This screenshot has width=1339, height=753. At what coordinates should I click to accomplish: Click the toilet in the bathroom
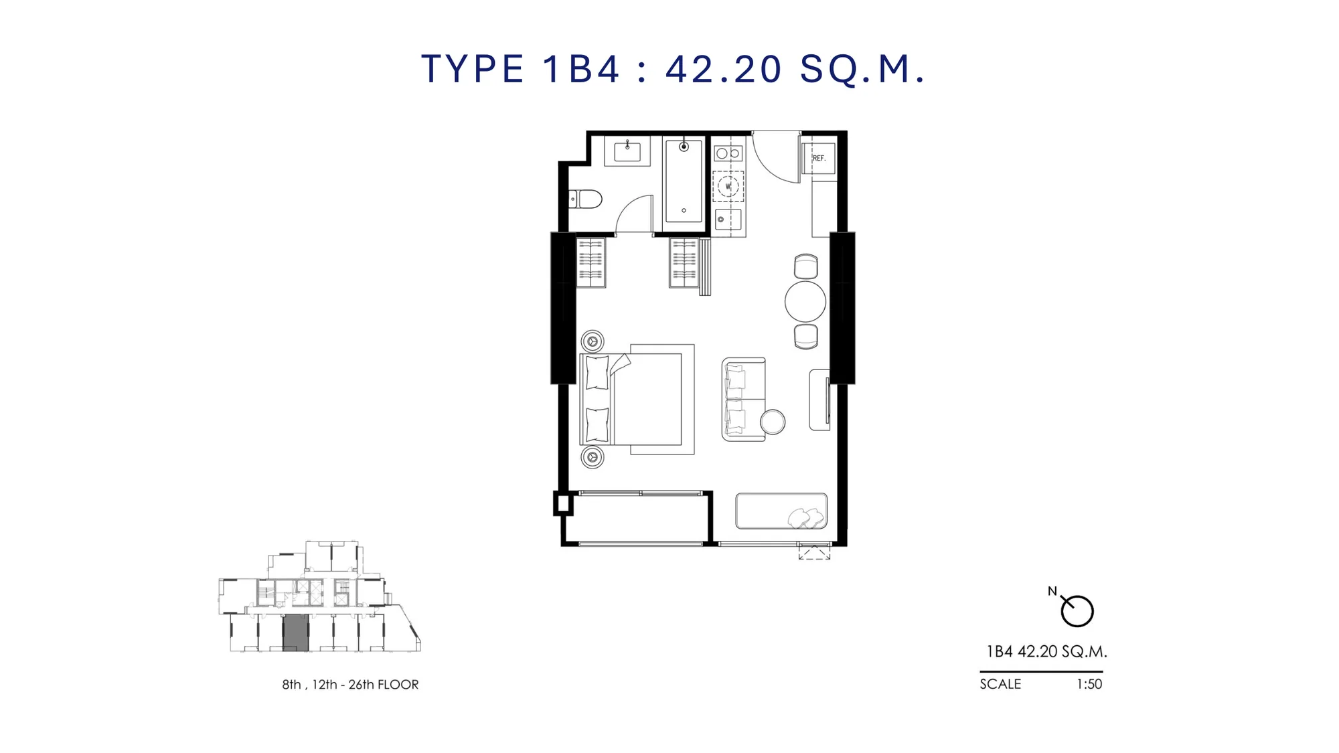[586, 199]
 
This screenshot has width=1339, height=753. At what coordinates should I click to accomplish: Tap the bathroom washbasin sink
[627, 152]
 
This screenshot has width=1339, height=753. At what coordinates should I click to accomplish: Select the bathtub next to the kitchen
[684, 181]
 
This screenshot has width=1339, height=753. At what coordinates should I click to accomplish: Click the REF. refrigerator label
[819, 159]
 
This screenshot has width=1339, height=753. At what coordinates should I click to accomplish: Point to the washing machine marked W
[728, 187]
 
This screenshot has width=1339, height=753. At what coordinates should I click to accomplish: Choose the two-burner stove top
[728, 154]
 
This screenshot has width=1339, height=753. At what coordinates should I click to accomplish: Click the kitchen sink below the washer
[728, 219]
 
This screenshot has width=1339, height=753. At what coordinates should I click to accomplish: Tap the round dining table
[805, 301]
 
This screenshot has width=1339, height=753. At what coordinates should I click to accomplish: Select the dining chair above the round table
[806, 266]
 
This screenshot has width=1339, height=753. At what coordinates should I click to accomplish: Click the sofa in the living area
[743, 400]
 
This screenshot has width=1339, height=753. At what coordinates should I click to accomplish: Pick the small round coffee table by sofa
[773, 422]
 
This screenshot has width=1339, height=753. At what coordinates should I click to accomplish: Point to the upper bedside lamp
[593, 341]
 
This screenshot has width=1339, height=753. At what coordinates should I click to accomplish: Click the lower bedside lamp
[593, 457]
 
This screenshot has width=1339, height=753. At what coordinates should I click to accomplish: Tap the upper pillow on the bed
[597, 372]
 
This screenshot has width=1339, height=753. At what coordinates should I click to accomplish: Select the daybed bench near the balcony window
[781, 511]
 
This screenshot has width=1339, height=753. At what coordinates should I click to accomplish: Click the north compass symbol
[1077, 610]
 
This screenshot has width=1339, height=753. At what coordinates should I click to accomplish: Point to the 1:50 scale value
[1089, 684]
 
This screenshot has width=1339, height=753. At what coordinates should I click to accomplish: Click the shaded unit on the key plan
[295, 633]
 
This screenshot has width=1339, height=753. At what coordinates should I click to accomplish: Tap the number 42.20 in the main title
[724, 69]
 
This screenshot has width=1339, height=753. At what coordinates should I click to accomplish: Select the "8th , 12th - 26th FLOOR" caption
[350, 685]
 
